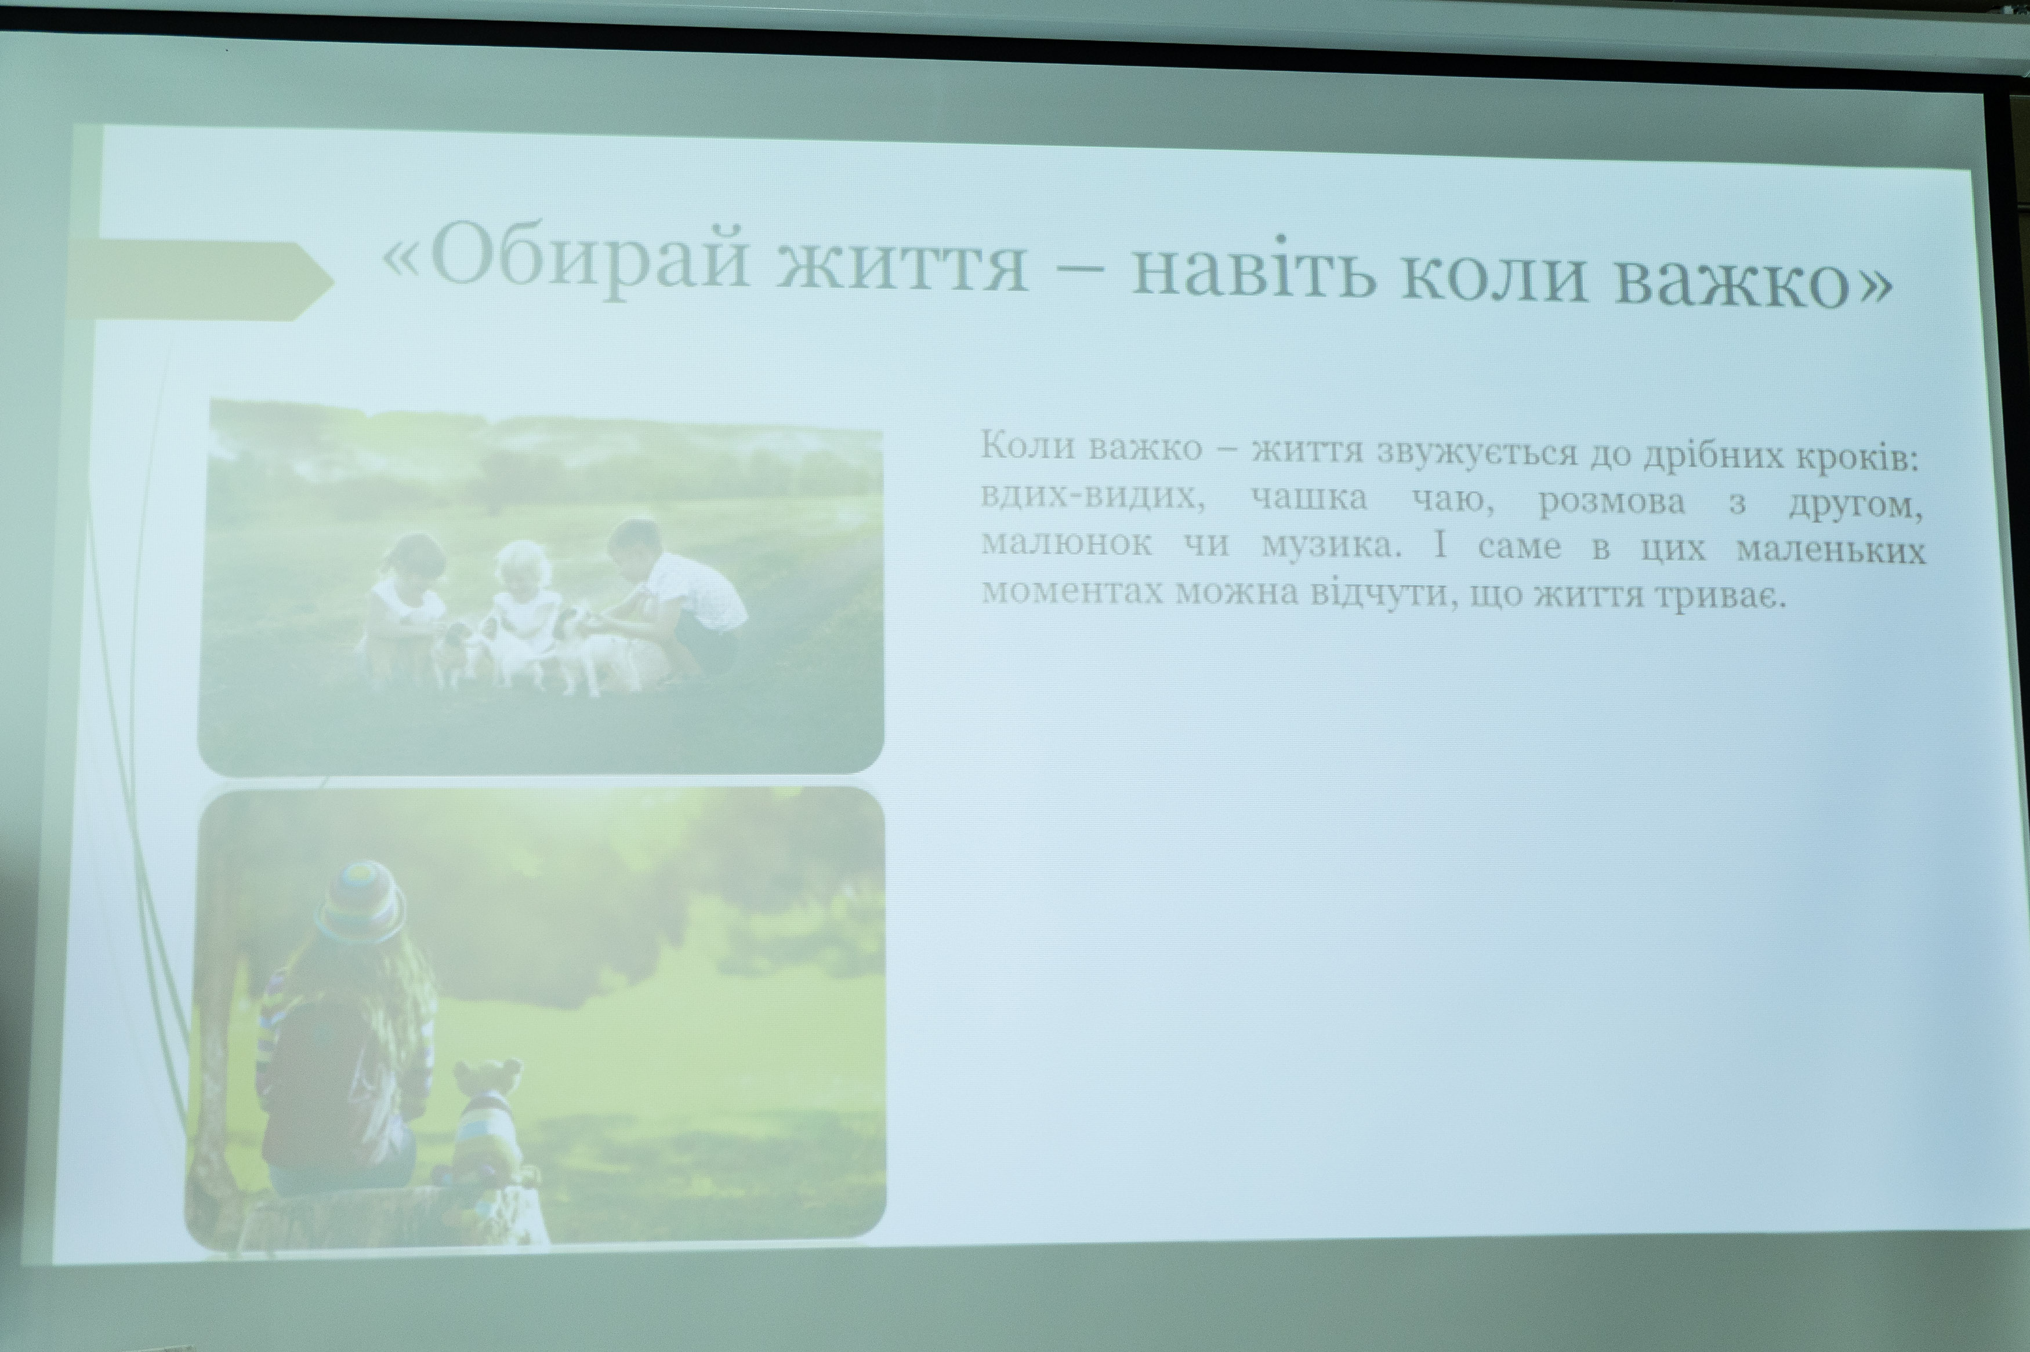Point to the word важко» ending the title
pyautogui.click(x=1752, y=278)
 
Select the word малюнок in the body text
pyautogui.click(x=1067, y=545)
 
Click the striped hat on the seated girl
pyautogui.click(x=360, y=901)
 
